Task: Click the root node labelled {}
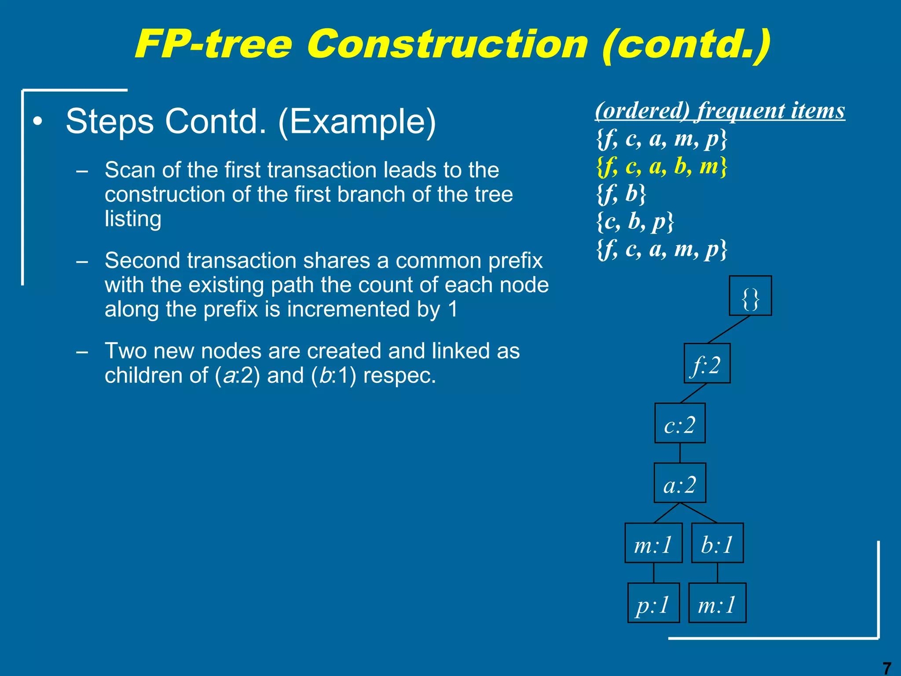[750, 296]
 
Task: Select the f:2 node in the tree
[707, 364]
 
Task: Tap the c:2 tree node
[680, 423]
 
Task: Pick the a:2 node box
[680, 483]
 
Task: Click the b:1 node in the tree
[717, 543]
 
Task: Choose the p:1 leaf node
[653, 603]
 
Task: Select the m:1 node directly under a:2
[653, 543]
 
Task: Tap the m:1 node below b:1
[717, 603]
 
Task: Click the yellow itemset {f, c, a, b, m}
[662, 167]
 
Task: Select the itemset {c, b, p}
[635, 221]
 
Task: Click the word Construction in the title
[447, 44]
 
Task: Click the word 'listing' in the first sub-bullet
[133, 219]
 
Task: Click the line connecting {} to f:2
[729, 330]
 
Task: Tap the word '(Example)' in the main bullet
[357, 121]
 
